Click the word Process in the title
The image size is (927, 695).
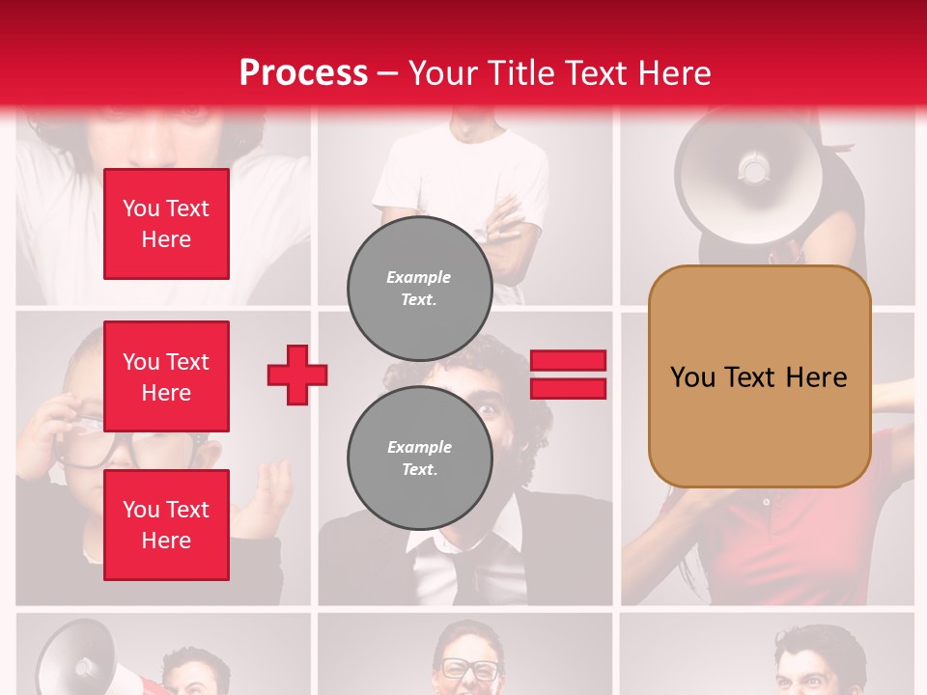(x=303, y=72)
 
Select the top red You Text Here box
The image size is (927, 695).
(x=166, y=224)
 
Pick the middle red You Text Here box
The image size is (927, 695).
(x=166, y=376)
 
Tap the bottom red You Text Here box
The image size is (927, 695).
(x=166, y=525)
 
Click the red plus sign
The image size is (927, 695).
(x=297, y=375)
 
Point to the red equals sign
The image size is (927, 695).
(x=568, y=375)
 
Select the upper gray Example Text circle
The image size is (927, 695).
(x=419, y=289)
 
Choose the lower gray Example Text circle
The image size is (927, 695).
(x=419, y=459)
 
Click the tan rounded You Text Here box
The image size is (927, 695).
(x=759, y=376)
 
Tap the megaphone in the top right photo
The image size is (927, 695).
(x=748, y=174)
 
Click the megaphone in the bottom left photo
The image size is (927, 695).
(x=77, y=656)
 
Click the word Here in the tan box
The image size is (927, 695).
(x=816, y=377)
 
